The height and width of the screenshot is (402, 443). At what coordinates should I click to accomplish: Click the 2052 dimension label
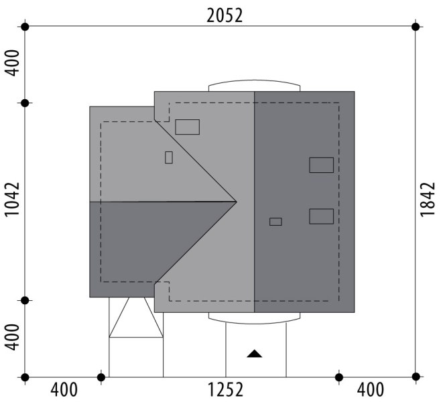pyautogui.click(x=225, y=15)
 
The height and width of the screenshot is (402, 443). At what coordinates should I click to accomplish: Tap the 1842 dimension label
pyautogui.click(x=428, y=200)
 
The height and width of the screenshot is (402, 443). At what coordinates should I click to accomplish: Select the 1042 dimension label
pyautogui.click(x=13, y=200)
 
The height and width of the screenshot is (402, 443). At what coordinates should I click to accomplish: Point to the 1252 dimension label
pyautogui.click(x=225, y=390)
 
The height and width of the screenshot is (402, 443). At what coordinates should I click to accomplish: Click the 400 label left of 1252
pyautogui.click(x=64, y=390)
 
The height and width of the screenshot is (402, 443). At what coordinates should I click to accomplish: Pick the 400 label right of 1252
pyautogui.click(x=371, y=390)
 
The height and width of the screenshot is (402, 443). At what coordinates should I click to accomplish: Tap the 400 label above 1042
pyautogui.click(x=13, y=63)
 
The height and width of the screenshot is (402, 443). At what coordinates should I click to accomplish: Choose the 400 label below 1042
pyautogui.click(x=13, y=337)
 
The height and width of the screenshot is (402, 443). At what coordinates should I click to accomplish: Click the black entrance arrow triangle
pyautogui.click(x=254, y=354)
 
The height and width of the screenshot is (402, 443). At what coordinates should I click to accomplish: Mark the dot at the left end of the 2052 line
pyautogui.click(x=25, y=27)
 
